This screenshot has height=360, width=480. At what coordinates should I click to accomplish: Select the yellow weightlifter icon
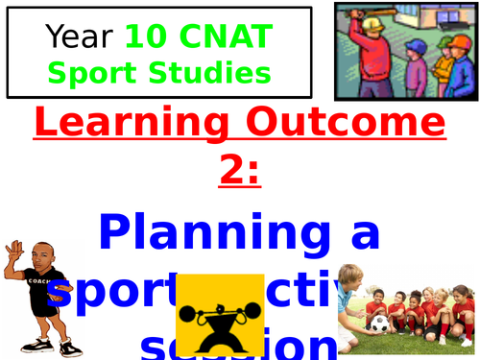[x=222, y=315]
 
